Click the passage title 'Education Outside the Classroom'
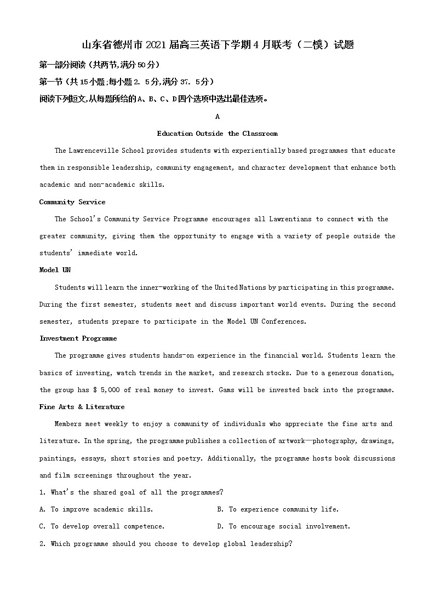[217, 134]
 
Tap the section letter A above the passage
[218, 117]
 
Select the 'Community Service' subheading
[72, 202]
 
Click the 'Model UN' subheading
[55, 270]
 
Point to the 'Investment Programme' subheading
[78, 338]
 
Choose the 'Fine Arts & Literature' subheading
[82, 407]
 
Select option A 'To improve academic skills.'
[96, 509]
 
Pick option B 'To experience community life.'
[278, 509]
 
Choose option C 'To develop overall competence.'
[102, 526]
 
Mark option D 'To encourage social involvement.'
[283, 526]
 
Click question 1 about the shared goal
[131, 492]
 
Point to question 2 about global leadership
[165, 544]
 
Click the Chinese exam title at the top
[218, 45]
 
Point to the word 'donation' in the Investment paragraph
[375, 373]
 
